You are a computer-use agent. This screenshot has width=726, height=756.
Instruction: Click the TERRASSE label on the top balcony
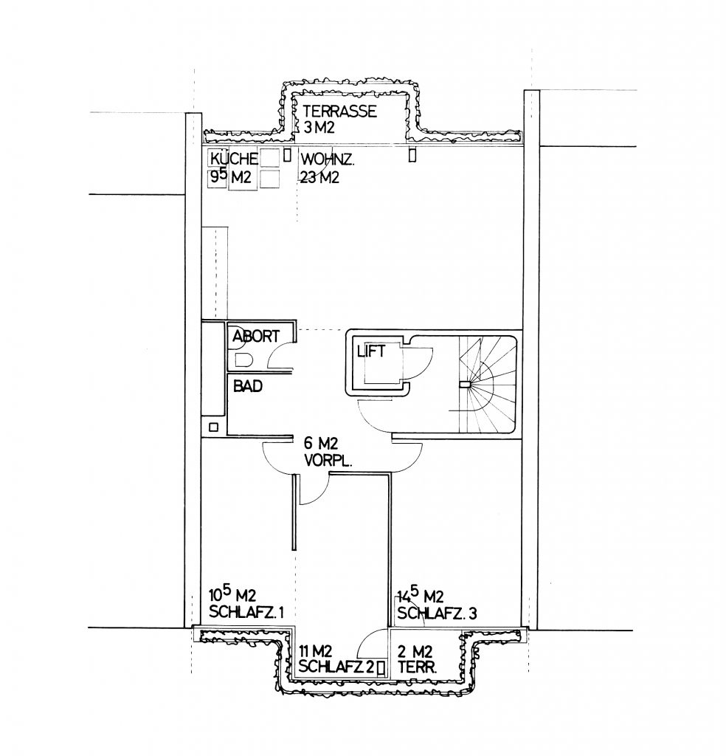tap(339, 111)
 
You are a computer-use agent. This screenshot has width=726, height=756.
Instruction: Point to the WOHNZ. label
tap(328, 159)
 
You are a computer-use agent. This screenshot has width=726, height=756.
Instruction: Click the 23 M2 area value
tap(320, 177)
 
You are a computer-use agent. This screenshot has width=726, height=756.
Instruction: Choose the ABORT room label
tap(256, 336)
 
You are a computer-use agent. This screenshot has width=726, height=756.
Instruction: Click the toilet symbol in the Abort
tap(244, 360)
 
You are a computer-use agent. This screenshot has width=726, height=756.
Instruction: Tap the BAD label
tap(248, 385)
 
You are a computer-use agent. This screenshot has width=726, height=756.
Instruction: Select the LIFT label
tap(371, 351)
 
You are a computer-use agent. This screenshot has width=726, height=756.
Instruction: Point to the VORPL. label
tap(328, 461)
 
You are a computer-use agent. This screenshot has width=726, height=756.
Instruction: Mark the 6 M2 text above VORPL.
tap(321, 442)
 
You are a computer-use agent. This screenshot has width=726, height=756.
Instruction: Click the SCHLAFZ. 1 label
tap(246, 612)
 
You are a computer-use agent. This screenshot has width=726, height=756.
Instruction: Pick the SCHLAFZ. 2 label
tap(336, 667)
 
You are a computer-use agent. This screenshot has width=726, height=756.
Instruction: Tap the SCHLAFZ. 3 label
tap(437, 614)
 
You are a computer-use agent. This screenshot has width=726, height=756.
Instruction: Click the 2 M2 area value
tap(415, 651)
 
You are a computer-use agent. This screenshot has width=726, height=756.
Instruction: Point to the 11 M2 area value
tap(315, 651)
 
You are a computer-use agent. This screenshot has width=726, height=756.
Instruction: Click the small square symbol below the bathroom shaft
tap(213, 427)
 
